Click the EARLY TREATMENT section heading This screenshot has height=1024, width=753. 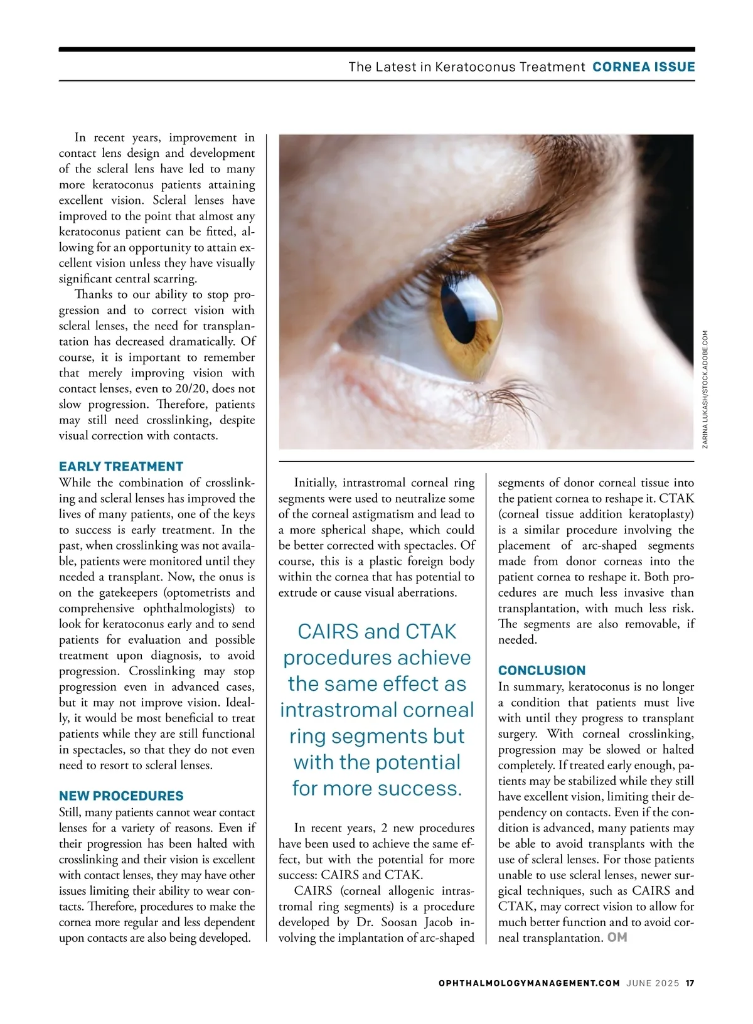(x=121, y=466)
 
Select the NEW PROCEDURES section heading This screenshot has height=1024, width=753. (x=121, y=796)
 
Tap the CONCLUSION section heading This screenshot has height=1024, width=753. (x=542, y=670)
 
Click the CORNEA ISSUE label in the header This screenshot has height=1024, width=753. (x=643, y=67)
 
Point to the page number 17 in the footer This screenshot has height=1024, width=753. (x=690, y=983)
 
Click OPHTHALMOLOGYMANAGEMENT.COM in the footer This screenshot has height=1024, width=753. (x=529, y=983)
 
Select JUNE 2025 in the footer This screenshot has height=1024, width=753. (x=653, y=983)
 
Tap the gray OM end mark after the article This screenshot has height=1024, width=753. (x=617, y=937)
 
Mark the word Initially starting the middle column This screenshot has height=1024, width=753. (x=315, y=483)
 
